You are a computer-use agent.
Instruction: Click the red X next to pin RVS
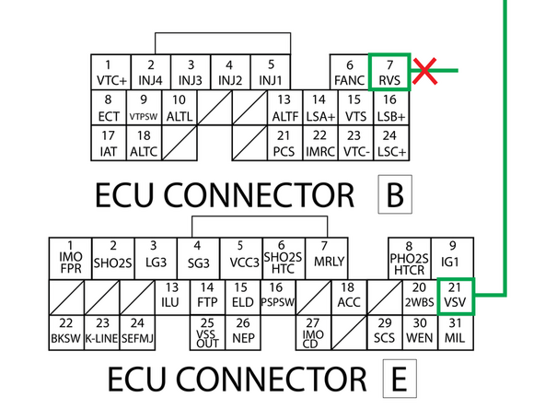point(424,70)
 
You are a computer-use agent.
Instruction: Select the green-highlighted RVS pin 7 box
point(389,71)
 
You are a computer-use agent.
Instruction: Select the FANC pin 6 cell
point(350,71)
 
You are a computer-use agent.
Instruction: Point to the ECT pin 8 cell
point(108,108)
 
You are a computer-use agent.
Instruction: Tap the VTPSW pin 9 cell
point(143,108)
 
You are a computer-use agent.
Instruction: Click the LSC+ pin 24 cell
point(389,143)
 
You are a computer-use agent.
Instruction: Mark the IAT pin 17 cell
point(108,143)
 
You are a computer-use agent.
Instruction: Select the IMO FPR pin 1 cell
point(71,259)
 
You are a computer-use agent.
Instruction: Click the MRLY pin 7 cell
point(323,257)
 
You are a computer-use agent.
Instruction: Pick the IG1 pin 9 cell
point(452,257)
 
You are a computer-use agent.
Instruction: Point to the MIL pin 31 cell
point(453,330)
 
